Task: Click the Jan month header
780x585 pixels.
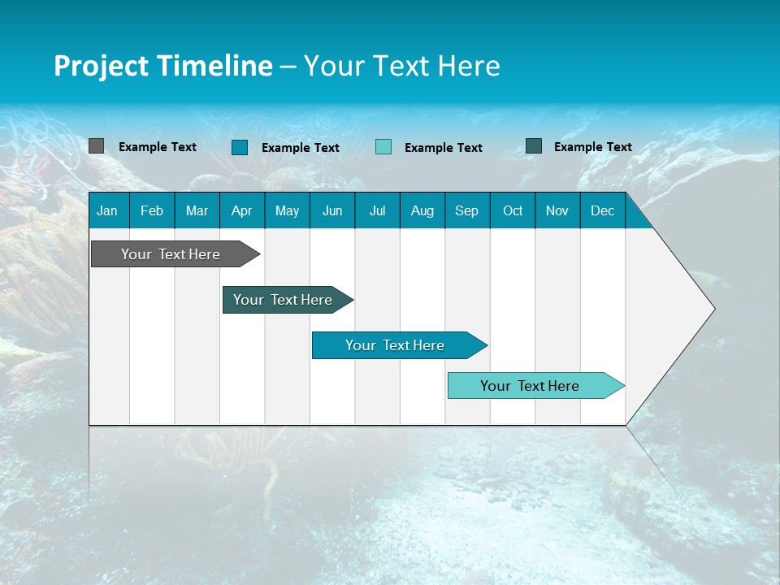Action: pos(108,210)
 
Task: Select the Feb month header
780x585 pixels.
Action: pos(152,210)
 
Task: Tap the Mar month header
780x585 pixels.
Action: pos(197,210)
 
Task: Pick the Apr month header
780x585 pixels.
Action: pos(242,210)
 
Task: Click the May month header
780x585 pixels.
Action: pos(287,210)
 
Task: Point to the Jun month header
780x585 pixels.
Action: pos(332,210)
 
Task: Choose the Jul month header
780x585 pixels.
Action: pos(377,210)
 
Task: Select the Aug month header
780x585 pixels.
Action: pos(422,210)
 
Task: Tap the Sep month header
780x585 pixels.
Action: pos(467,210)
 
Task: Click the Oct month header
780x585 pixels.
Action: pos(513,210)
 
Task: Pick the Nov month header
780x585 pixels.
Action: pos(557,210)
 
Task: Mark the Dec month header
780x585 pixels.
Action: pos(603,210)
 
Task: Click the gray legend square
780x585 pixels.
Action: pos(97,146)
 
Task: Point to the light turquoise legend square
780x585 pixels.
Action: pos(383,147)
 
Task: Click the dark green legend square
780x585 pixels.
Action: pos(534,146)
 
